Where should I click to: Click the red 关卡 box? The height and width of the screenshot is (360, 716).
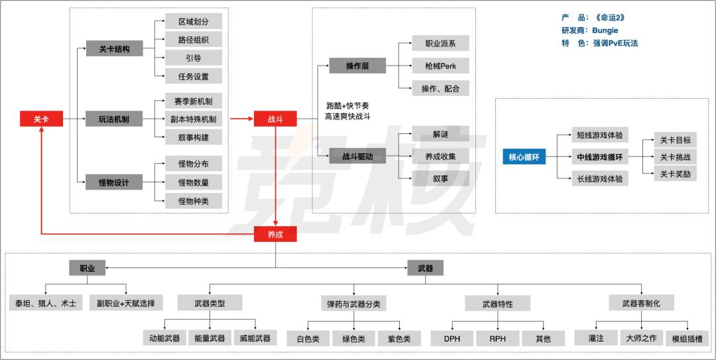pos(41,119)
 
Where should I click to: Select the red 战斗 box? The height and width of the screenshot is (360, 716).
pos(275,119)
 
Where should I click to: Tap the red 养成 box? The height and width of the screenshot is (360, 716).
pos(275,233)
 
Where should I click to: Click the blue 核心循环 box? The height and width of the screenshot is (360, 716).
pos(524,157)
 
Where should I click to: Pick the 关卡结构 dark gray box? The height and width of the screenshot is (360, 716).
pos(114,49)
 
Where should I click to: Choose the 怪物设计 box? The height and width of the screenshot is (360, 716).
pos(114,182)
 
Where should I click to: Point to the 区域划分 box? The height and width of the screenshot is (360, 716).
pos(194,21)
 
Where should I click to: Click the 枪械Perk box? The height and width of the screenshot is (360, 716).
pos(440,66)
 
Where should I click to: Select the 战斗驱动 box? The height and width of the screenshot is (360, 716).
pos(357,156)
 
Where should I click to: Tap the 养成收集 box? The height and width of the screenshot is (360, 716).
pos(440,156)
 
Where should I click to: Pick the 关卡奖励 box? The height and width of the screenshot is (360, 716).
pos(675,174)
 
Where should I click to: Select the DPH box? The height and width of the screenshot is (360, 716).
pos(451,338)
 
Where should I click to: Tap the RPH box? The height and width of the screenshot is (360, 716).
pos(497,338)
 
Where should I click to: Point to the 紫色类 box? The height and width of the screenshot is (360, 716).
pos(394,338)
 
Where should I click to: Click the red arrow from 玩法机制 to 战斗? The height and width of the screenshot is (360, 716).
pos(241,119)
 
